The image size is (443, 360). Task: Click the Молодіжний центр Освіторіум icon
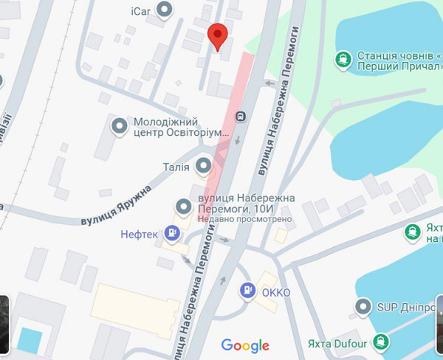118,127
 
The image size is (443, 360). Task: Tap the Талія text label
176,167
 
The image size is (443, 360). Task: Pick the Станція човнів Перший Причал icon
343,59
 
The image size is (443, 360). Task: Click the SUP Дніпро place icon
363,306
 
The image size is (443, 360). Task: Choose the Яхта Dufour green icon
380,341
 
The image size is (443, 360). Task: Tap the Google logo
245,345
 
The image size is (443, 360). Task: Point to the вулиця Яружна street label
116,206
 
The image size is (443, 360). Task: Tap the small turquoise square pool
30,340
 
